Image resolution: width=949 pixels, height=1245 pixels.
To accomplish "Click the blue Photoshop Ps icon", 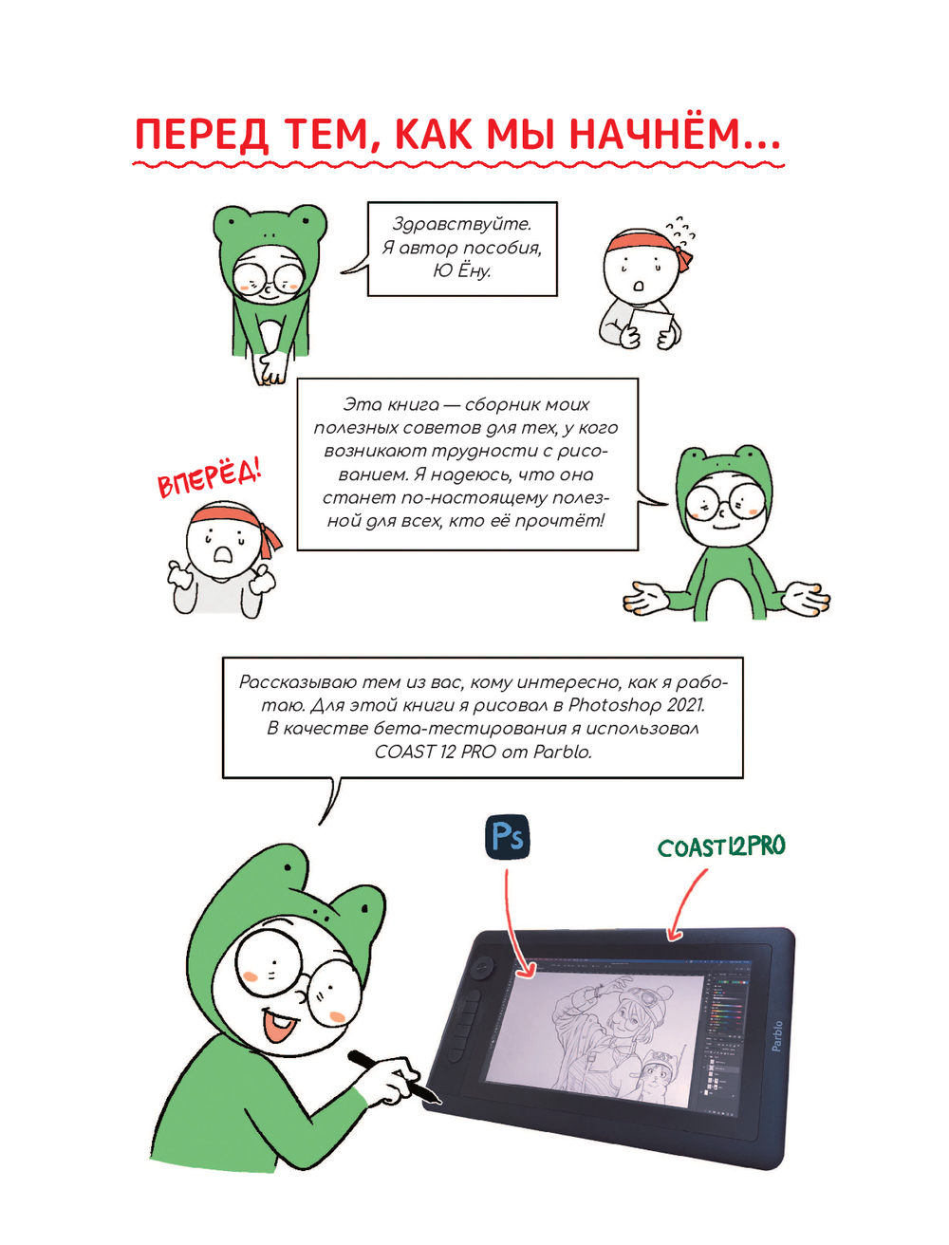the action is click(508, 837).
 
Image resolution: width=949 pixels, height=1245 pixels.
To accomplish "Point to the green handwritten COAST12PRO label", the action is click(721, 846).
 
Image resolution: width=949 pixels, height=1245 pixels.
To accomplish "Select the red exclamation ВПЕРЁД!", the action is click(210, 479).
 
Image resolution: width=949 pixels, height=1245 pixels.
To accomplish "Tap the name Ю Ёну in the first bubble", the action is click(462, 270).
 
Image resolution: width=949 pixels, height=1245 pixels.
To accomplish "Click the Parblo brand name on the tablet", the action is click(776, 1036).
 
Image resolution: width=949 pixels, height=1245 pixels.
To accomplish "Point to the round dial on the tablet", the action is click(483, 965).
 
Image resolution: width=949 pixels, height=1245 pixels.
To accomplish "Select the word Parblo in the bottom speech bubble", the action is click(562, 752).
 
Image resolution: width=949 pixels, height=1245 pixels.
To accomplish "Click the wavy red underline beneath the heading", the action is click(458, 165).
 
